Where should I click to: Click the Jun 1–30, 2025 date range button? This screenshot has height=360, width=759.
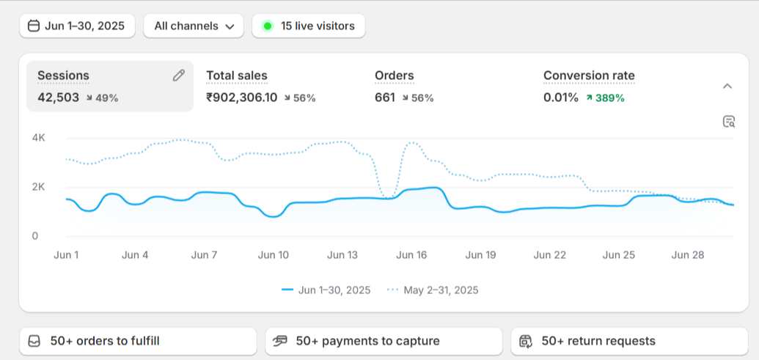point(78,26)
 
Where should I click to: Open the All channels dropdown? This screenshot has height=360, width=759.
point(194,26)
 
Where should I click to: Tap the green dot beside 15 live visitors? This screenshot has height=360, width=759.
point(268,26)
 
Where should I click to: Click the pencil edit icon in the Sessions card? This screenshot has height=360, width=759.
point(179,76)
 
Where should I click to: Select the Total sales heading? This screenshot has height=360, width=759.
point(237,76)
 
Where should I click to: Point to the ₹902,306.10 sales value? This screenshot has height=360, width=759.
point(242,98)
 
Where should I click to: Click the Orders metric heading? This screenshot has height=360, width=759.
point(395,76)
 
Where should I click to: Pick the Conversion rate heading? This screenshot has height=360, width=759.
point(589,76)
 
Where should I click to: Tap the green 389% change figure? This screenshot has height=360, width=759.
point(609,98)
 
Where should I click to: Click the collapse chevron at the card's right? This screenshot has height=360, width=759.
point(727,86)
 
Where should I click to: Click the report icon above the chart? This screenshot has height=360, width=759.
point(728,122)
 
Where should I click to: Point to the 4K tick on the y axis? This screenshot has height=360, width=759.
point(39,138)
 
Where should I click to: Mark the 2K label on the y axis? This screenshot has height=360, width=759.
point(39,187)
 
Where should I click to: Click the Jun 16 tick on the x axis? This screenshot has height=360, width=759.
point(411,255)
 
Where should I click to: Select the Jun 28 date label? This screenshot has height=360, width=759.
point(688,255)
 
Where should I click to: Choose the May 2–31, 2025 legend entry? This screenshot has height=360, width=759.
point(433,290)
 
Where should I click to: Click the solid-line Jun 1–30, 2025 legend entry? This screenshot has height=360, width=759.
point(326,290)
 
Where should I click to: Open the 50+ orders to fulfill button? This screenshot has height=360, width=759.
point(138,341)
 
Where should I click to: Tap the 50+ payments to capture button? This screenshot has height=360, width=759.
point(384,341)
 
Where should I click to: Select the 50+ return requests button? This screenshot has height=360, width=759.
point(629,341)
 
